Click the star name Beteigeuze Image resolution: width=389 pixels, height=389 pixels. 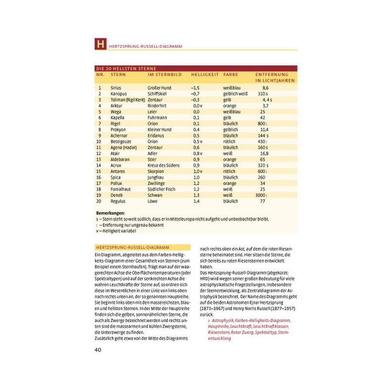click(121, 141)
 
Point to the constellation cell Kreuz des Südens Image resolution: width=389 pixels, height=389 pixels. click(164, 165)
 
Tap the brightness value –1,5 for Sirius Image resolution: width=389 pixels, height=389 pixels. click(196, 87)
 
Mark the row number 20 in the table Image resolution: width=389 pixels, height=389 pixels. click(99, 201)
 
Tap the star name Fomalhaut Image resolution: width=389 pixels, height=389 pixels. click(120, 189)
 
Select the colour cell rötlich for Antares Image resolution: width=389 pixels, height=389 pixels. click(229, 171)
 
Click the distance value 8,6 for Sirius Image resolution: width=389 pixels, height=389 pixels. click(265, 87)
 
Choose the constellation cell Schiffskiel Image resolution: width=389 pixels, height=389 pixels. click(158, 93)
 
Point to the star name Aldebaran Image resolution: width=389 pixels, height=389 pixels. click(120, 159)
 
